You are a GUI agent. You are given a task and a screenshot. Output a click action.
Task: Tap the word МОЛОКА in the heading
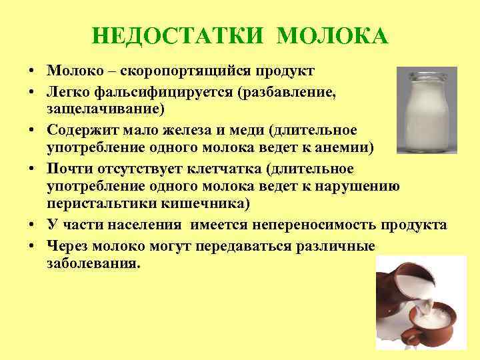(x=331, y=36)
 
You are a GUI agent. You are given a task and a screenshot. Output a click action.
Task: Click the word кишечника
(x=199, y=202)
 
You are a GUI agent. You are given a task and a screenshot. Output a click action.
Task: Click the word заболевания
(x=94, y=263)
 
